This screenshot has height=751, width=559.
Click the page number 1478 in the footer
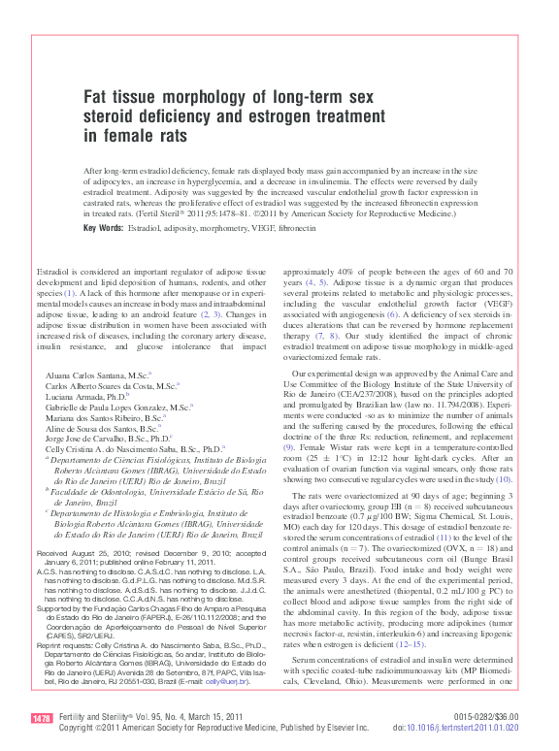click(42, 719)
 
